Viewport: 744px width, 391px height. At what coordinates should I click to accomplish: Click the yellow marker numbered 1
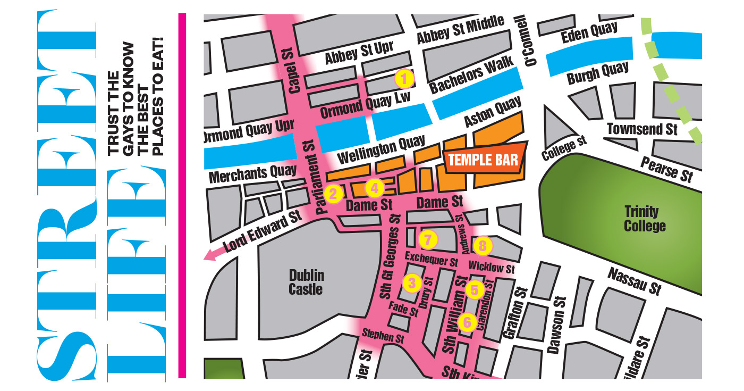(x=404, y=79)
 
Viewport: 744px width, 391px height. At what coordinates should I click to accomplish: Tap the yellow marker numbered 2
(x=333, y=194)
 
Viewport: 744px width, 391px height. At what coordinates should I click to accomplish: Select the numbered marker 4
(x=374, y=187)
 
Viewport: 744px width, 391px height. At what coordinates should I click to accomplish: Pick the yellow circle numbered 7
(x=428, y=239)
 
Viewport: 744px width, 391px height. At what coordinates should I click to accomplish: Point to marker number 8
(x=483, y=245)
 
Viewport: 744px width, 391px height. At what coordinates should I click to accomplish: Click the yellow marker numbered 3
(x=413, y=282)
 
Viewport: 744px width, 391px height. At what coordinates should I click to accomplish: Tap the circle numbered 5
(x=475, y=290)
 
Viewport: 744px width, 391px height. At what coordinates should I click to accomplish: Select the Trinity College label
(x=645, y=219)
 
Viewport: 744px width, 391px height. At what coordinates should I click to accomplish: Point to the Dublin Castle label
(x=306, y=282)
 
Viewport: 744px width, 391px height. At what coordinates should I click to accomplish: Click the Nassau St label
(x=635, y=280)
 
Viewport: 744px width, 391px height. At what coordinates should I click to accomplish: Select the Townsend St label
(x=642, y=129)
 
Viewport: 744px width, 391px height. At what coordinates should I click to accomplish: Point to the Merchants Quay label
(x=252, y=174)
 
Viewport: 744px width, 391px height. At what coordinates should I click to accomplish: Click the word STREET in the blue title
(x=66, y=194)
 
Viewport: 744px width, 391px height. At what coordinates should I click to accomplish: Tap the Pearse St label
(x=666, y=169)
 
